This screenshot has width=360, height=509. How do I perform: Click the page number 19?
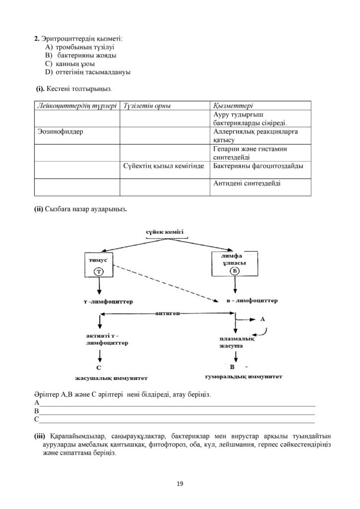coord(180,484)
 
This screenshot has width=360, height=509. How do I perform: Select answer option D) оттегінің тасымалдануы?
coord(88,72)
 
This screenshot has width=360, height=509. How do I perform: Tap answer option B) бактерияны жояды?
coord(81,56)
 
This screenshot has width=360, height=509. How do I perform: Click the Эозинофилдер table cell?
coord(60,131)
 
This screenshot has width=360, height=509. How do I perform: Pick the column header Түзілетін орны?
coord(147,106)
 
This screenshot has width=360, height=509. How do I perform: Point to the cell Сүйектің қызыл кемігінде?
coord(163,166)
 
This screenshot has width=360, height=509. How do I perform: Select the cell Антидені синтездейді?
coord(247,183)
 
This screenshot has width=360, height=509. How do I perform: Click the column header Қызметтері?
coord(233,106)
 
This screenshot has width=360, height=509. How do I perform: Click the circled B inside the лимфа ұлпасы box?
coord(234,271)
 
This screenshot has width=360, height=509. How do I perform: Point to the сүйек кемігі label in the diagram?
coord(165,232)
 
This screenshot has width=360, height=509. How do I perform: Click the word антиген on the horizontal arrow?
coord(168,314)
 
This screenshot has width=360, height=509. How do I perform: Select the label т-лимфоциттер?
coord(108,302)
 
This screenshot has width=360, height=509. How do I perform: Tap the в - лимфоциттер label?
coord(252,301)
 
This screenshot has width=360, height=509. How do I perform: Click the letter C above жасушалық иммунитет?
coord(99,368)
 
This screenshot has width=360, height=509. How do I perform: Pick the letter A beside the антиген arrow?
coord(262,319)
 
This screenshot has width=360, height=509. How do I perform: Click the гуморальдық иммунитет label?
coord(244,377)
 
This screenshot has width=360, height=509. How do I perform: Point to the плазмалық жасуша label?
coord(236,342)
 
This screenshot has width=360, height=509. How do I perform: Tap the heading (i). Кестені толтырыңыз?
coord(74,88)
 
